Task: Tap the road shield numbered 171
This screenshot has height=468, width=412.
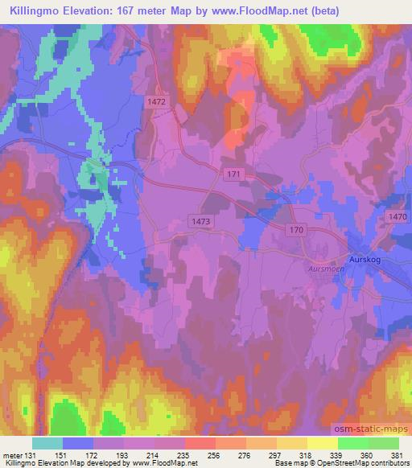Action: click(x=233, y=174)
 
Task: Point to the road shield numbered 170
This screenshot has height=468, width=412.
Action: click(x=296, y=230)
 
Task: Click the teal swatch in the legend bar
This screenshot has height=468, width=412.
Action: click(x=47, y=443)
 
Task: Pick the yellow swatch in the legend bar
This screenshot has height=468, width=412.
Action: click(x=322, y=443)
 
